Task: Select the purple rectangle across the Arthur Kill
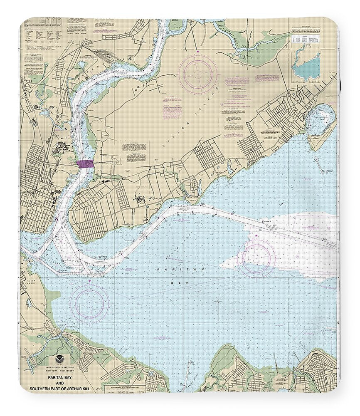pyautogui.click(x=86, y=164)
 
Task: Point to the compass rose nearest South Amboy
pyautogui.click(x=89, y=301)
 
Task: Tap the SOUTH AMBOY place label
pyautogui.click(x=31, y=282)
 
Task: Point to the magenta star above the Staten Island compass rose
pyautogui.click(x=199, y=52)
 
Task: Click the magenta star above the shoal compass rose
pyautogui.click(x=257, y=236)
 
